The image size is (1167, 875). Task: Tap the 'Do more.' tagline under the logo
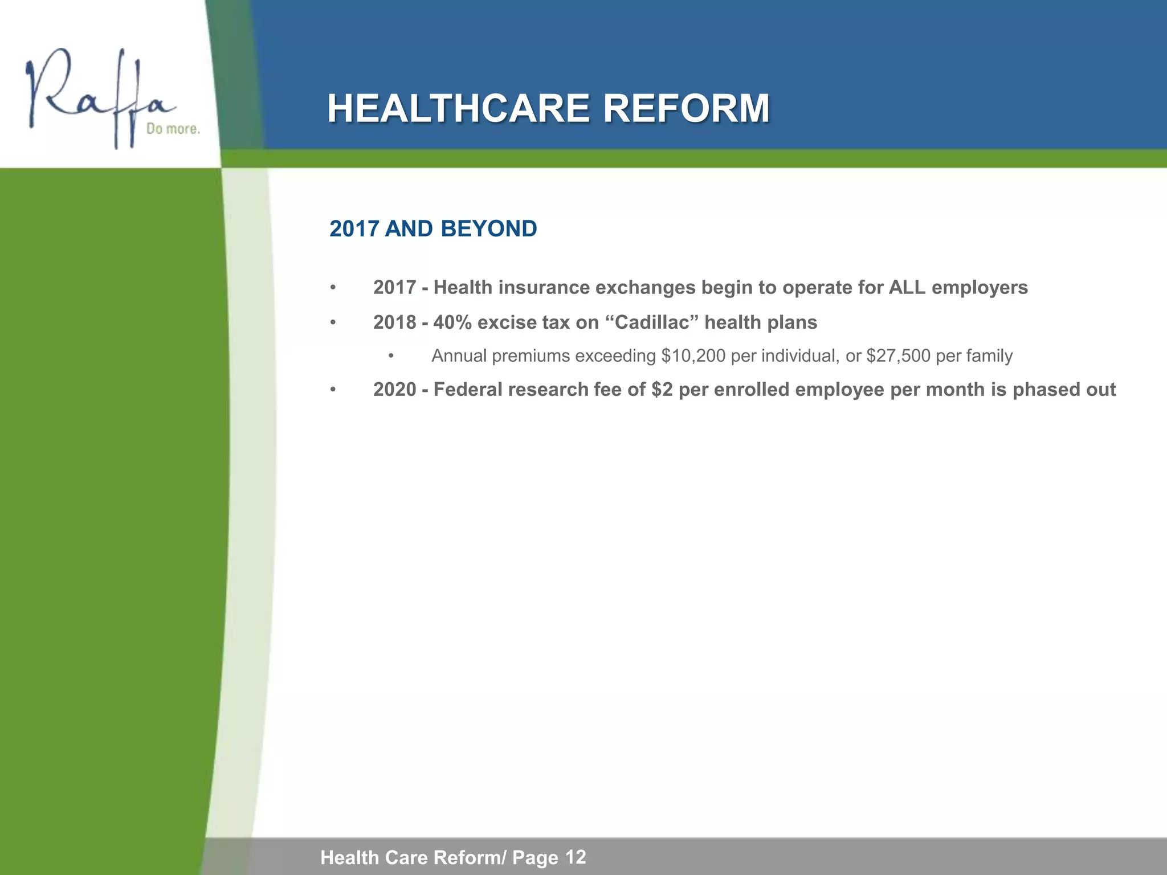[x=173, y=129]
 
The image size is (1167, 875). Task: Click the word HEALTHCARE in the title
[x=458, y=108]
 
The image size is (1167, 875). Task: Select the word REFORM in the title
[x=686, y=108]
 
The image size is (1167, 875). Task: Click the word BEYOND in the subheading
[x=488, y=229]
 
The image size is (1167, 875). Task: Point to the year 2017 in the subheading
[x=354, y=229]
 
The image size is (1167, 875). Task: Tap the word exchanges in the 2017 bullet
[x=645, y=288]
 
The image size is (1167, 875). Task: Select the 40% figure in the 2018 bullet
[x=452, y=323]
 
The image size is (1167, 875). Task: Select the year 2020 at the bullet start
[x=394, y=390]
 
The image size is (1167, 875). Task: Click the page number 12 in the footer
[x=576, y=857]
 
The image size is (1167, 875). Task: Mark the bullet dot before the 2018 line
[x=333, y=323]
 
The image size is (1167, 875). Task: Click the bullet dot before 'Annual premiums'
[x=391, y=357]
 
